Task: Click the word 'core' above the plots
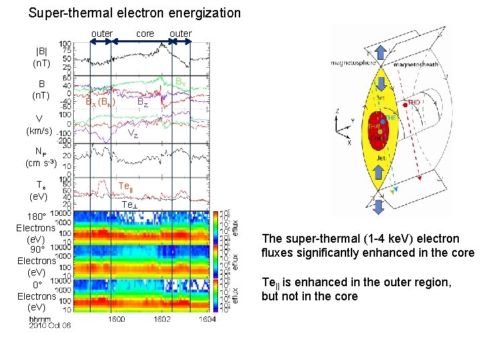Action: click(145, 34)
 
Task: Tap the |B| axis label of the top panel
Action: click(41, 52)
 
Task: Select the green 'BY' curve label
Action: click(180, 82)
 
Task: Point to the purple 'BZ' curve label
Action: click(142, 103)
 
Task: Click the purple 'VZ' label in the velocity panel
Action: click(133, 134)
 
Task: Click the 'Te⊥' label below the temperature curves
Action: click(129, 204)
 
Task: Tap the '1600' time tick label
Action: click(116, 319)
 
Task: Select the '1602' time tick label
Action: click(162, 319)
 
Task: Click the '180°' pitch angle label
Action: click(36, 217)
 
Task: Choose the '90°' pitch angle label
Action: click(38, 249)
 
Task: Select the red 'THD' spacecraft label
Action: click(413, 103)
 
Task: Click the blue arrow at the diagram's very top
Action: click(380, 51)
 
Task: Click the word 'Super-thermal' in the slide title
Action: click(62, 13)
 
